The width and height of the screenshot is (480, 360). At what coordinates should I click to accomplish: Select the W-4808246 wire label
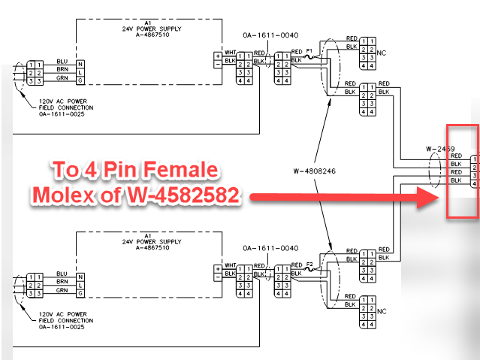pyautogui.click(x=315, y=171)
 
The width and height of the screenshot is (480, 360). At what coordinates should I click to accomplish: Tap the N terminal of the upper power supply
pyautogui.click(x=80, y=65)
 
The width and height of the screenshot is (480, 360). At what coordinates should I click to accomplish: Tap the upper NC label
pyautogui.click(x=382, y=53)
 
